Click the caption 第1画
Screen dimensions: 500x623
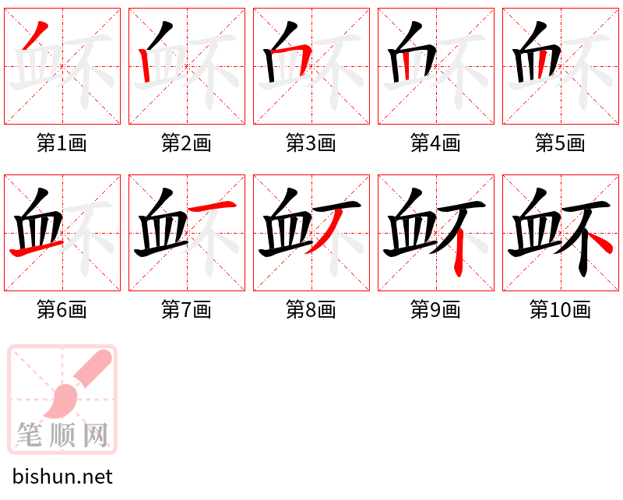pyautogui.click(x=62, y=143)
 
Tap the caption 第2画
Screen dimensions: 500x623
pyautogui.click(x=186, y=143)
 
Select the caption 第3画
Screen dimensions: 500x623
pyautogui.click(x=311, y=143)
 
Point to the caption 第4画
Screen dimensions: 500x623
pyautogui.click(x=435, y=143)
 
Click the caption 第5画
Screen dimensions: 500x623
pyautogui.click(x=560, y=143)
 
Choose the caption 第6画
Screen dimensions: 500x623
pyautogui.click(x=62, y=310)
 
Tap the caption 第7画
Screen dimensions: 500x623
pyautogui.click(x=186, y=310)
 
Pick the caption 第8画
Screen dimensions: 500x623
pyautogui.click(x=311, y=310)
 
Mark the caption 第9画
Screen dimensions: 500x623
pyautogui.click(x=435, y=310)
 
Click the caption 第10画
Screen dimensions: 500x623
pyautogui.click(x=560, y=310)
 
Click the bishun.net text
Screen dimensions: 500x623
pyautogui.click(x=62, y=477)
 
